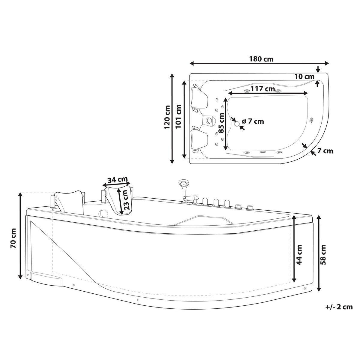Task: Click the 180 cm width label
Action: point(261,59)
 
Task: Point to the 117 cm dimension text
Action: point(263,89)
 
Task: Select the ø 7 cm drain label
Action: point(253,121)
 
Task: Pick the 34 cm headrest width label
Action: point(117,180)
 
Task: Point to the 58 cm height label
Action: point(323,255)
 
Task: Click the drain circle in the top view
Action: point(237,123)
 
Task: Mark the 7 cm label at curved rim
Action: point(325,151)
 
